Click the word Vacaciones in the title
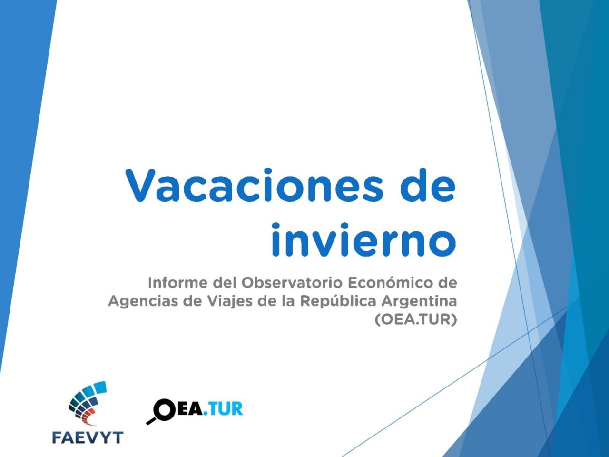point(255,185)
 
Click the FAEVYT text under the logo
point(88,437)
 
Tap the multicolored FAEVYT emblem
point(88,402)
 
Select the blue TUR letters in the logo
point(226,409)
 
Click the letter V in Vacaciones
point(141,185)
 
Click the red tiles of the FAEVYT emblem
point(89,419)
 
